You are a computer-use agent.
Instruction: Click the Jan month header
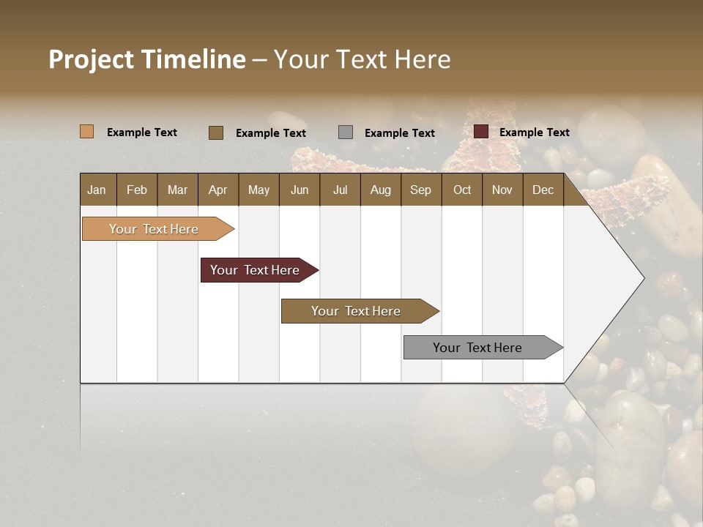click(x=97, y=190)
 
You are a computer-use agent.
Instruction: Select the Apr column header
click(x=218, y=190)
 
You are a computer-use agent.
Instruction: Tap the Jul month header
click(x=340, y=190)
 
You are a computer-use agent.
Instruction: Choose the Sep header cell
click(x=420, y=190)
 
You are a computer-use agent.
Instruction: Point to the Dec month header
click(x=543, y=190)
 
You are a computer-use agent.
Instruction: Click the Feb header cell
click(x=137, y=190)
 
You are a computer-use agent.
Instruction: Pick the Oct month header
click(x=462, y=190)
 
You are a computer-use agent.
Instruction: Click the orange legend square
click(x=86, y=132)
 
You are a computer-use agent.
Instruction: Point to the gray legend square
click(x=346, y=132)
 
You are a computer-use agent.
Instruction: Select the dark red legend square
click(x=481, y=132)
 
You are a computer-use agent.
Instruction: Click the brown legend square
click(x=216, y=132)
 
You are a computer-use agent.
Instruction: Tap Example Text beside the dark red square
click(x=534, y=132)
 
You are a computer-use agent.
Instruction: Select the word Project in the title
click(x=92, y=59)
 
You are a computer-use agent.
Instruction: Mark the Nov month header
click(x=502, y=190)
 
